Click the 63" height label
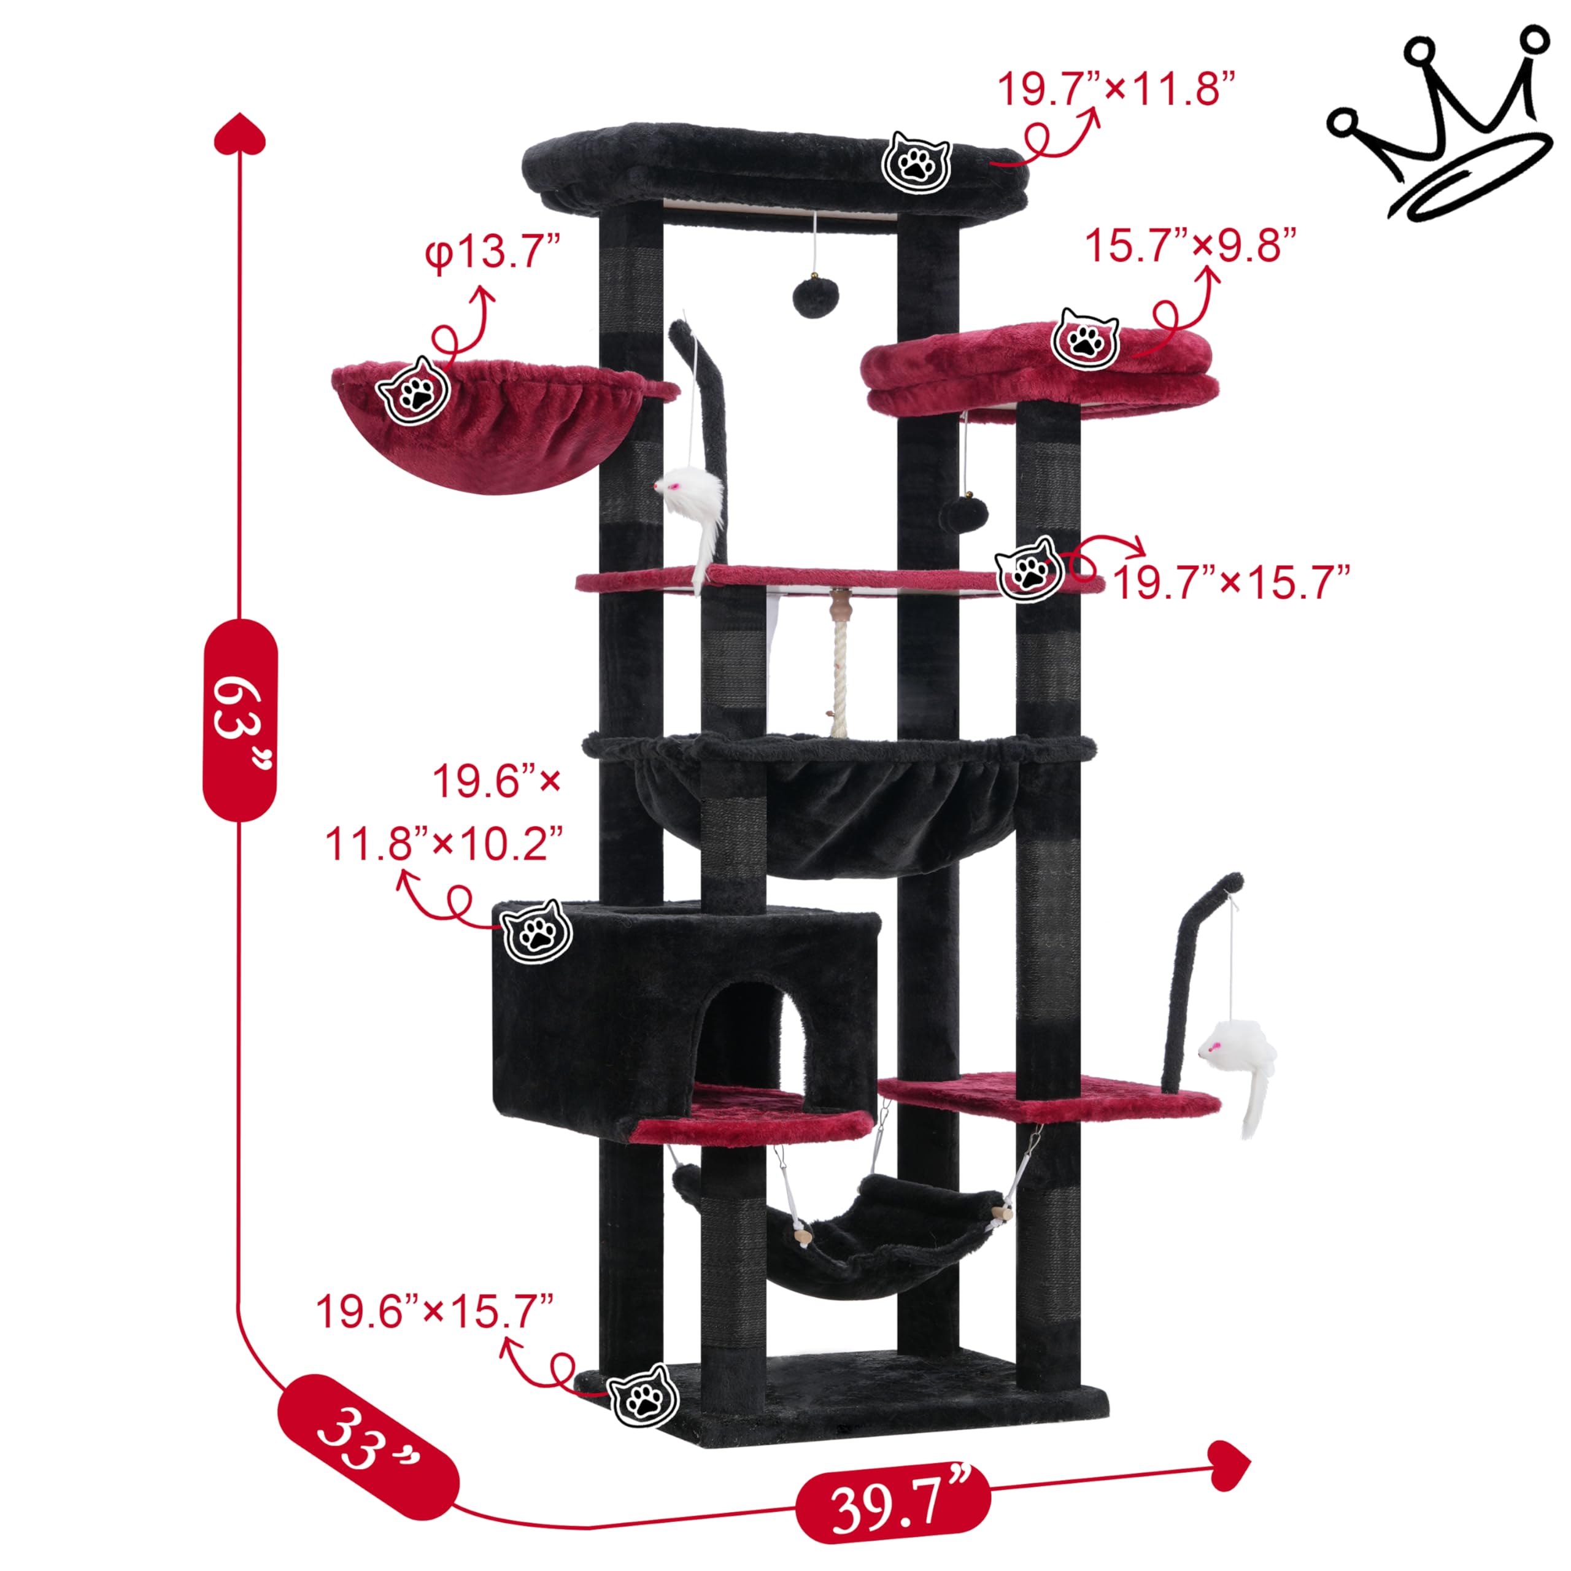(240, 720)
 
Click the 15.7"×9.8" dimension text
(1191, 245)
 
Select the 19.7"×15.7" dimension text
(1231, 582)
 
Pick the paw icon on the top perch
(916, 163)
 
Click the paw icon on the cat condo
(538, 933)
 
